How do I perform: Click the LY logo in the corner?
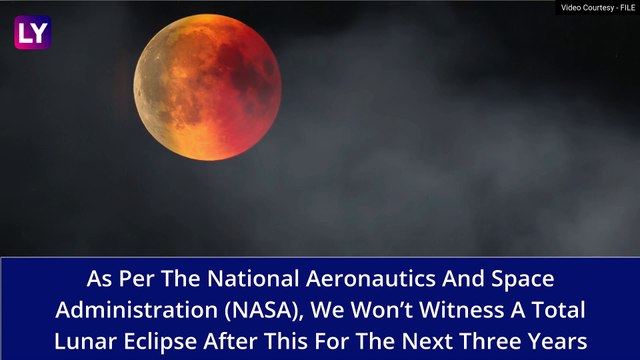point(32,32)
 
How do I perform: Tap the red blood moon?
point(207,87)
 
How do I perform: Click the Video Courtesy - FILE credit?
point(596,8)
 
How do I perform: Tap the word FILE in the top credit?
point(622,8)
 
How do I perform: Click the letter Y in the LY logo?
point(39,32)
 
